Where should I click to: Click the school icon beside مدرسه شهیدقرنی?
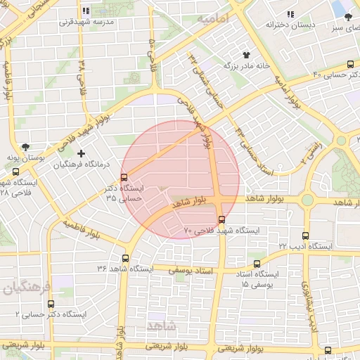[86, 11]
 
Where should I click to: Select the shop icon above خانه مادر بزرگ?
[246, 55]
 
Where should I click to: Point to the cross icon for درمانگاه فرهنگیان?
[82, 153]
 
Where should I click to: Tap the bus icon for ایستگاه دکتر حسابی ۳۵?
[124, 177]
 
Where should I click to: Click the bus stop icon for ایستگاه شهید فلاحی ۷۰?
[221, 219]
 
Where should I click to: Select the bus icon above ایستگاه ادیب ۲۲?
[305, 236]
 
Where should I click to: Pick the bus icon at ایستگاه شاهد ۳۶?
[126, 258]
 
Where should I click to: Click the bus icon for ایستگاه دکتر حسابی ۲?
[50, 304]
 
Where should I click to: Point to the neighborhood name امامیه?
[214, 19]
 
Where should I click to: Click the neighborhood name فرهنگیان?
[27, 288]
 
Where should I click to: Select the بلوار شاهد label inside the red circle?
[191, 202]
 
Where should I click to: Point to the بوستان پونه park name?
[26, 159]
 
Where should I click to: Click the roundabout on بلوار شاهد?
[307, 200]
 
